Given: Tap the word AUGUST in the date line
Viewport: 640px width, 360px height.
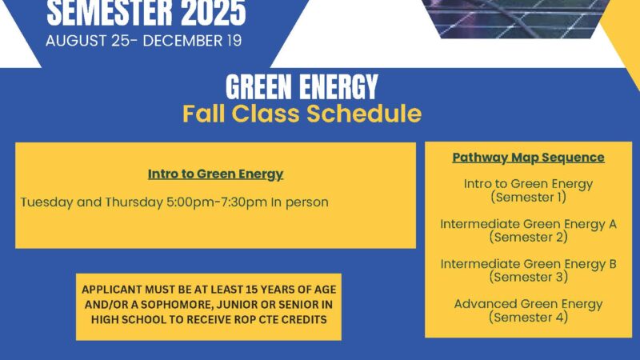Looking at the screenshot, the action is pyautogui.click(x=76, y=41).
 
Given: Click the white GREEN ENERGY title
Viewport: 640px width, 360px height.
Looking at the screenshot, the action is pyautogui.click(x=302, y=87).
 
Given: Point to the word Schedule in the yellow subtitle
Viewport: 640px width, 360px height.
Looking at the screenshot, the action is pyautogui.click(x=364, y=113).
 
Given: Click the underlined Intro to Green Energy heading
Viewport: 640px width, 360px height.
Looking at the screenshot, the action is pyautogui.click(x=215, y=174).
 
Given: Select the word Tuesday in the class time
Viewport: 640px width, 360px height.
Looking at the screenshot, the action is pyautogui.click(x=47, y=202).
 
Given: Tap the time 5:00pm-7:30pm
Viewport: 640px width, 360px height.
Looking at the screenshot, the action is pyautogui.click(x=217, y=202).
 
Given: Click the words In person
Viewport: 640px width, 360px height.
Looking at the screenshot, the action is pyautogui.click(x=300, y=202).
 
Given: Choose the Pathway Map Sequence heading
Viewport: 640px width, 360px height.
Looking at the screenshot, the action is pyautogui.click(x=528, y=158).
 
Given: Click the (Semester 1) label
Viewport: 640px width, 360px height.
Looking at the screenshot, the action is pyautogui.click(x=529, y=197).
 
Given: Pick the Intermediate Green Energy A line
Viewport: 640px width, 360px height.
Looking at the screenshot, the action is pyautogui.click(x=528, y=224).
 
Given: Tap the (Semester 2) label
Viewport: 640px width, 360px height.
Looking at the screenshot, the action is pyautogui.click(x=529, y=237).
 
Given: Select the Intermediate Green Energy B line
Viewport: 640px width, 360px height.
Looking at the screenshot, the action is pyautogui.click(x=528, y=264).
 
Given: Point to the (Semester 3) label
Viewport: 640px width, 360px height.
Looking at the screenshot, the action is pyautogui.click(x=529, y=277).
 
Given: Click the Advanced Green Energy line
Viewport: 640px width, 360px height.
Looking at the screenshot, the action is pyautogui.click(x=528, y=304).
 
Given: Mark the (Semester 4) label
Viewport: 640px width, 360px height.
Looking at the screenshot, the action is pyautogui.click(x=529, y=317).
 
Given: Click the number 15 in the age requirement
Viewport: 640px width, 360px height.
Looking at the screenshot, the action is pyautogui.click(x=251, y=290).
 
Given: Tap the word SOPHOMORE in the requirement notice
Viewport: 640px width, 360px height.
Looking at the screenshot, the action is pyautogui.click(x=177, y=305).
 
